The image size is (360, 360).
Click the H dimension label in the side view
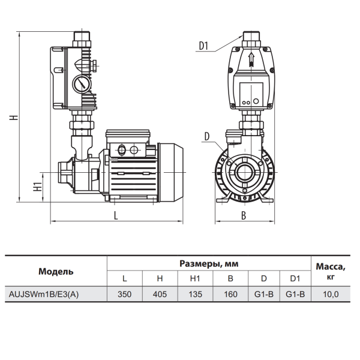(14, 117)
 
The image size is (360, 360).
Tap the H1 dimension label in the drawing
(38, 186)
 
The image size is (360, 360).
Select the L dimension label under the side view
(116, 215)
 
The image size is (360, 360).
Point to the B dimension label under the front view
(244, 215)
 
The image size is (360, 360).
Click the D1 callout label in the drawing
(203, 46)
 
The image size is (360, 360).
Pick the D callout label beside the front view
(207, 137)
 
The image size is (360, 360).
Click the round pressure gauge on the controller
(81, 84)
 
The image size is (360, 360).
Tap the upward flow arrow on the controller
(251, 59)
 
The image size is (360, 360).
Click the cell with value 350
(125, 294)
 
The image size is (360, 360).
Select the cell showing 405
(160, 294)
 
